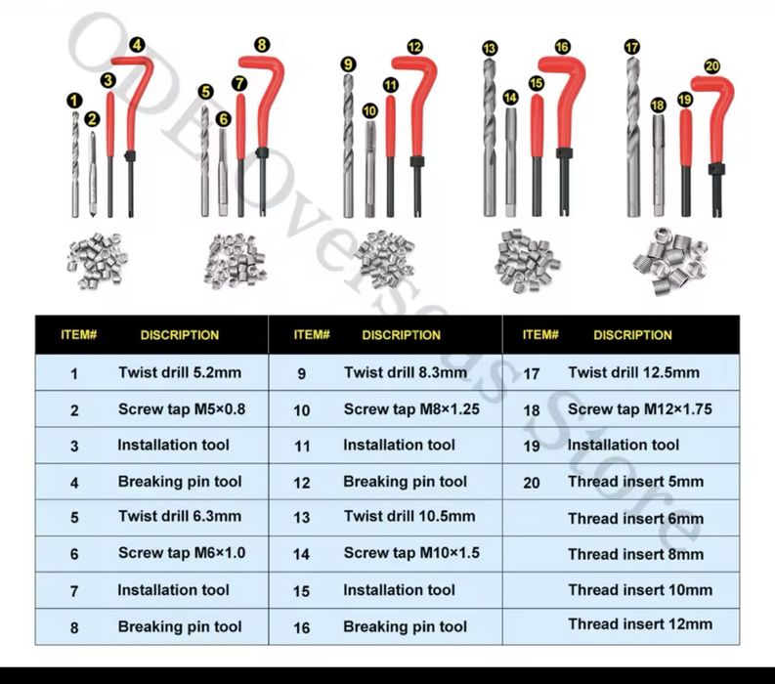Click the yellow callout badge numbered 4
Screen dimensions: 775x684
click(136, 44)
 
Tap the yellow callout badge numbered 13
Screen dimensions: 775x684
click(490, 48)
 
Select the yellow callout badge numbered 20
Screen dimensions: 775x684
click(711, 65)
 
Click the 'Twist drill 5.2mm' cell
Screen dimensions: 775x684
click(180, 372)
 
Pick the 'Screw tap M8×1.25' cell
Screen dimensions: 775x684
click(411, 409)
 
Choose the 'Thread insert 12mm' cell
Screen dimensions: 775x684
click(640, 623)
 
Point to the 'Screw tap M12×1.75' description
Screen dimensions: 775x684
click(639, 409)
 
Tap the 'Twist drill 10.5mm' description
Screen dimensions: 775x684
click(409, 516)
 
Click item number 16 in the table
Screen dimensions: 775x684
click(301, 627)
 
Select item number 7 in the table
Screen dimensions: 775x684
click(74, 591)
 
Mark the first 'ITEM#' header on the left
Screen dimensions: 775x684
click(79, 334)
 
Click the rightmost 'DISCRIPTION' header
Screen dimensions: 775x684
click(632, 334)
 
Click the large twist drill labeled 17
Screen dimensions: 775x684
click(633, 137)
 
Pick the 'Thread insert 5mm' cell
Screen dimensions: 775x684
click(635, 482)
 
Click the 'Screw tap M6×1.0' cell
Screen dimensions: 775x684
click(182, 553)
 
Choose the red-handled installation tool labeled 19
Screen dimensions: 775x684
click(685, 161)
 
